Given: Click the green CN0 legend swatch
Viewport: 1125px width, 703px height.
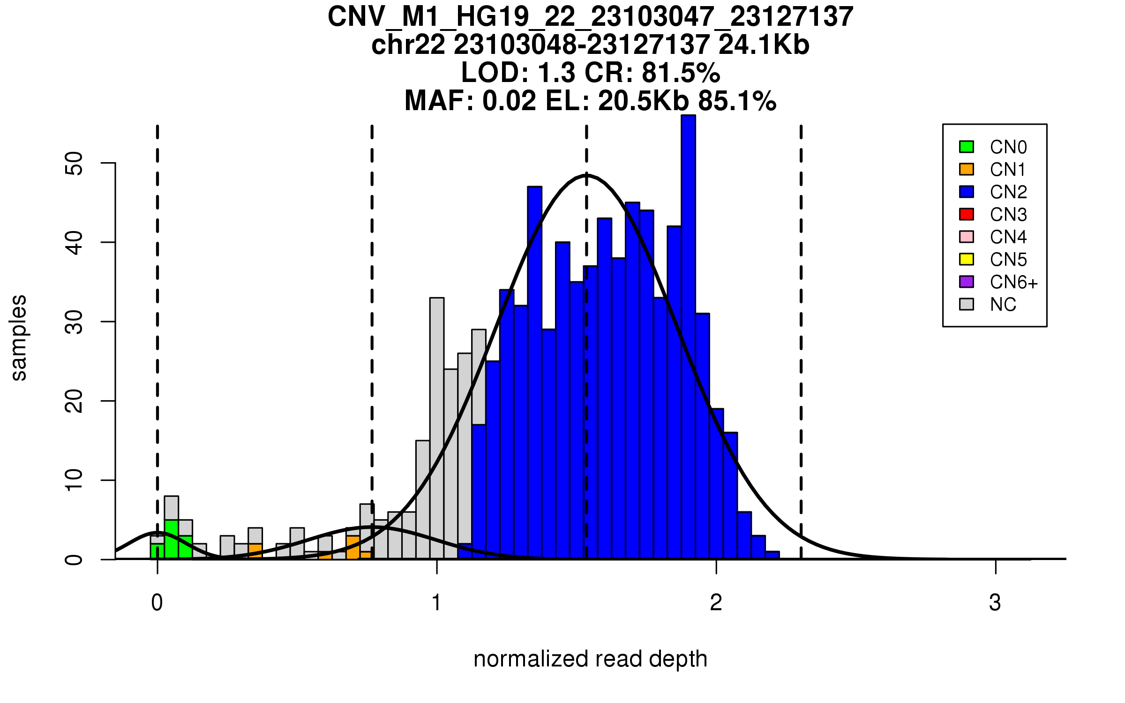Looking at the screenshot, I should pyautogui.click(x=967, y=147).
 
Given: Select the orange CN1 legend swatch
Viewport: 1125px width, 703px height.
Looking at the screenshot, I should pyautogui.click(x=967, y=169).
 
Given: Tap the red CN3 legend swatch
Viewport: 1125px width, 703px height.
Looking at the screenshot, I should pyautogui.click(x=967, y=214).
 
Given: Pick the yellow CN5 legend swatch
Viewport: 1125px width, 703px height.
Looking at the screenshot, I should pyautogui.click(x=967, y=259).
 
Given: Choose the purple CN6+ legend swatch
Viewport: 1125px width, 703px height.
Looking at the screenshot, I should pyautogui.click(x=967, y=282).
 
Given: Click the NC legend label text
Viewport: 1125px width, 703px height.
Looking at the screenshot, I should pyautogui.click(x=1003, y=305).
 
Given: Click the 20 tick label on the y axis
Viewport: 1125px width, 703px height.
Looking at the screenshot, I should pyautogui.click(x=74, y=401).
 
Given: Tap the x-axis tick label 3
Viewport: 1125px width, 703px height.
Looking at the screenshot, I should pyautogui.click(x=995, y=603).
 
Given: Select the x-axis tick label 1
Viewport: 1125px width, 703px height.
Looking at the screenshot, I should pyautogui.click(x=437, y=603).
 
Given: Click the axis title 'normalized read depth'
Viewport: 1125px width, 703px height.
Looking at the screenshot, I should pyautogui.click(x=590, y=659).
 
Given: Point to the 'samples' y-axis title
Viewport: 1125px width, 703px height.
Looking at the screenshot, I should pyautogui.click(x=19, y=337).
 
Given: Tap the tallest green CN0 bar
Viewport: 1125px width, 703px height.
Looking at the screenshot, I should pyautogui.click(x=171, y=539).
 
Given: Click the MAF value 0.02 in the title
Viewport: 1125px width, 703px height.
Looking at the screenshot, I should pyautogui.click(x=509, y=101).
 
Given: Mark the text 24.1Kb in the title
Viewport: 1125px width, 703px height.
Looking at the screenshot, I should pyautogui.click(x=764, y=45).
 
